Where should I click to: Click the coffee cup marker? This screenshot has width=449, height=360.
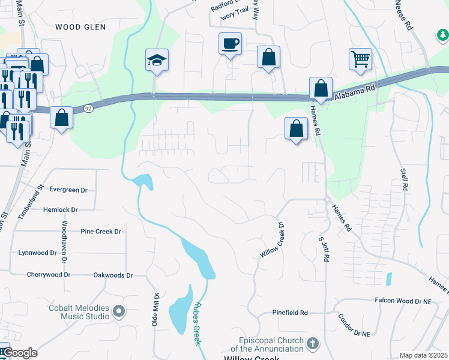pos(230,44)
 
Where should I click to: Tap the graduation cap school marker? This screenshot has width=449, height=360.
pos(157,60)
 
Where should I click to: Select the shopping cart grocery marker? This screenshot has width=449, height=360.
pos(360,59)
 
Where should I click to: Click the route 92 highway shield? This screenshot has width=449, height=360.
pos(88,109)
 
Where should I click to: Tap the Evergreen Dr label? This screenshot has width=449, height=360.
pos(68,190)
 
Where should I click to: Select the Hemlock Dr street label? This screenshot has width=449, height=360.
pos(61,210)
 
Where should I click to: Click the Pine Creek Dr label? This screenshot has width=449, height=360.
pos(101,231)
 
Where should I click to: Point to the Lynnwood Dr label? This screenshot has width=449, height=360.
pos(37,253)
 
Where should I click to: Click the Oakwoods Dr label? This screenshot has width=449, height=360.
pos(113,275)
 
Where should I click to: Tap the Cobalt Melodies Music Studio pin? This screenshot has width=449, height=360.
pos(119,311)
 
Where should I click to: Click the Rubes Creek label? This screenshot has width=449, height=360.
pos(196,323)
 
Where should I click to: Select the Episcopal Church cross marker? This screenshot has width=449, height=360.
pos(312,343)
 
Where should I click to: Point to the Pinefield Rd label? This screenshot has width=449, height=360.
pos(290,313)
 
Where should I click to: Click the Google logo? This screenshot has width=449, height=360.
pos(20,353)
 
